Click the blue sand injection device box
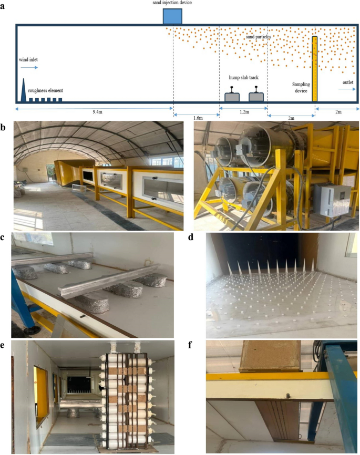pos(172,16)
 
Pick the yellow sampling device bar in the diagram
pos(314,68)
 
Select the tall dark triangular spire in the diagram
pos(24,90)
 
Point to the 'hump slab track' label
pos(243,76)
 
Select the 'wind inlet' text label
pos(28,60)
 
